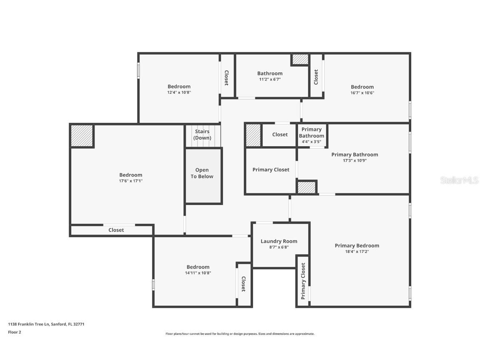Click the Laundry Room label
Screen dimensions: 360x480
(279, 241)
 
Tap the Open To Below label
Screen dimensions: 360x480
(202, 173)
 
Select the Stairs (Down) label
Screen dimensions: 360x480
(202, 135)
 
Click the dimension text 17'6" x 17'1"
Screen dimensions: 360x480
(131, 181)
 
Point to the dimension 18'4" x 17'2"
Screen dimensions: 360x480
(357, 251)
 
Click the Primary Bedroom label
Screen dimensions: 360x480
(357, 245)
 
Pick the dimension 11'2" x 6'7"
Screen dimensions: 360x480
(270, 79)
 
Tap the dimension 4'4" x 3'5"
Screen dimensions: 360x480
(311, 142)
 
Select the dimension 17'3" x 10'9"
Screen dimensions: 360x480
(355, 160)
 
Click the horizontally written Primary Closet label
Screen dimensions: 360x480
(271, 170)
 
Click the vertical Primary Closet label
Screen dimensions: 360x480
(303, 281)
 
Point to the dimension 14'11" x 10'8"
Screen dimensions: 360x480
(198, 273)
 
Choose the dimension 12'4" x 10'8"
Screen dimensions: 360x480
(179, 92)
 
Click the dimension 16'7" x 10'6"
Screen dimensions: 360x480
(362, 93)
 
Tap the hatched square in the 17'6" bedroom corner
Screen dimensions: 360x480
(82, 136)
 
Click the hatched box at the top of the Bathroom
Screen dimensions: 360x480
(300, 60)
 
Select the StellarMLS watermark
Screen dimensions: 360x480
(459, 180)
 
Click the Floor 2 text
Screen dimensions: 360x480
(15, 332)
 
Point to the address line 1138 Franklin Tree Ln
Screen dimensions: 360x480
(46, 324)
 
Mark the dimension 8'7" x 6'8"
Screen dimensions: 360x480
(279, 247)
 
